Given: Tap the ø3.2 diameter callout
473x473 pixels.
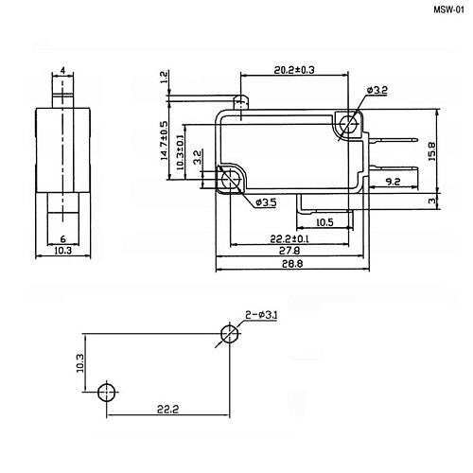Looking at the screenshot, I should (376, 90).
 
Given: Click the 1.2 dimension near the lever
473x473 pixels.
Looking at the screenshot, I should (164, 78).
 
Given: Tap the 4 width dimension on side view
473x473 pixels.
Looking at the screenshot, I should (61, 71).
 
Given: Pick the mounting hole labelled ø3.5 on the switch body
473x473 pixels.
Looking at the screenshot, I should (228, 181).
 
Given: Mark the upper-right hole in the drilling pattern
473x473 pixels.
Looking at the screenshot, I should (228, 333).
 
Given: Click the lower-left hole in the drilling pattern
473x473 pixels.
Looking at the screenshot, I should (107, 392).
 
